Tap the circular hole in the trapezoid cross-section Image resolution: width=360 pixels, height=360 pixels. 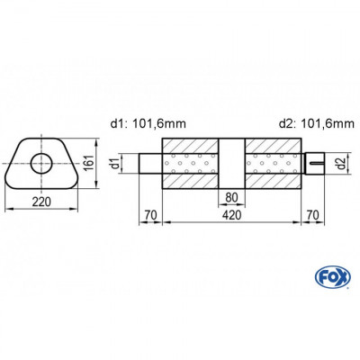[x=40, y=164]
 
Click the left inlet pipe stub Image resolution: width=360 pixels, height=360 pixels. [x=151, y=164]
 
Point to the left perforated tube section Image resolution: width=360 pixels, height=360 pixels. [x=191, y=164]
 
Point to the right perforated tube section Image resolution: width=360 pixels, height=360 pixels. [x=274, y=164]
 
